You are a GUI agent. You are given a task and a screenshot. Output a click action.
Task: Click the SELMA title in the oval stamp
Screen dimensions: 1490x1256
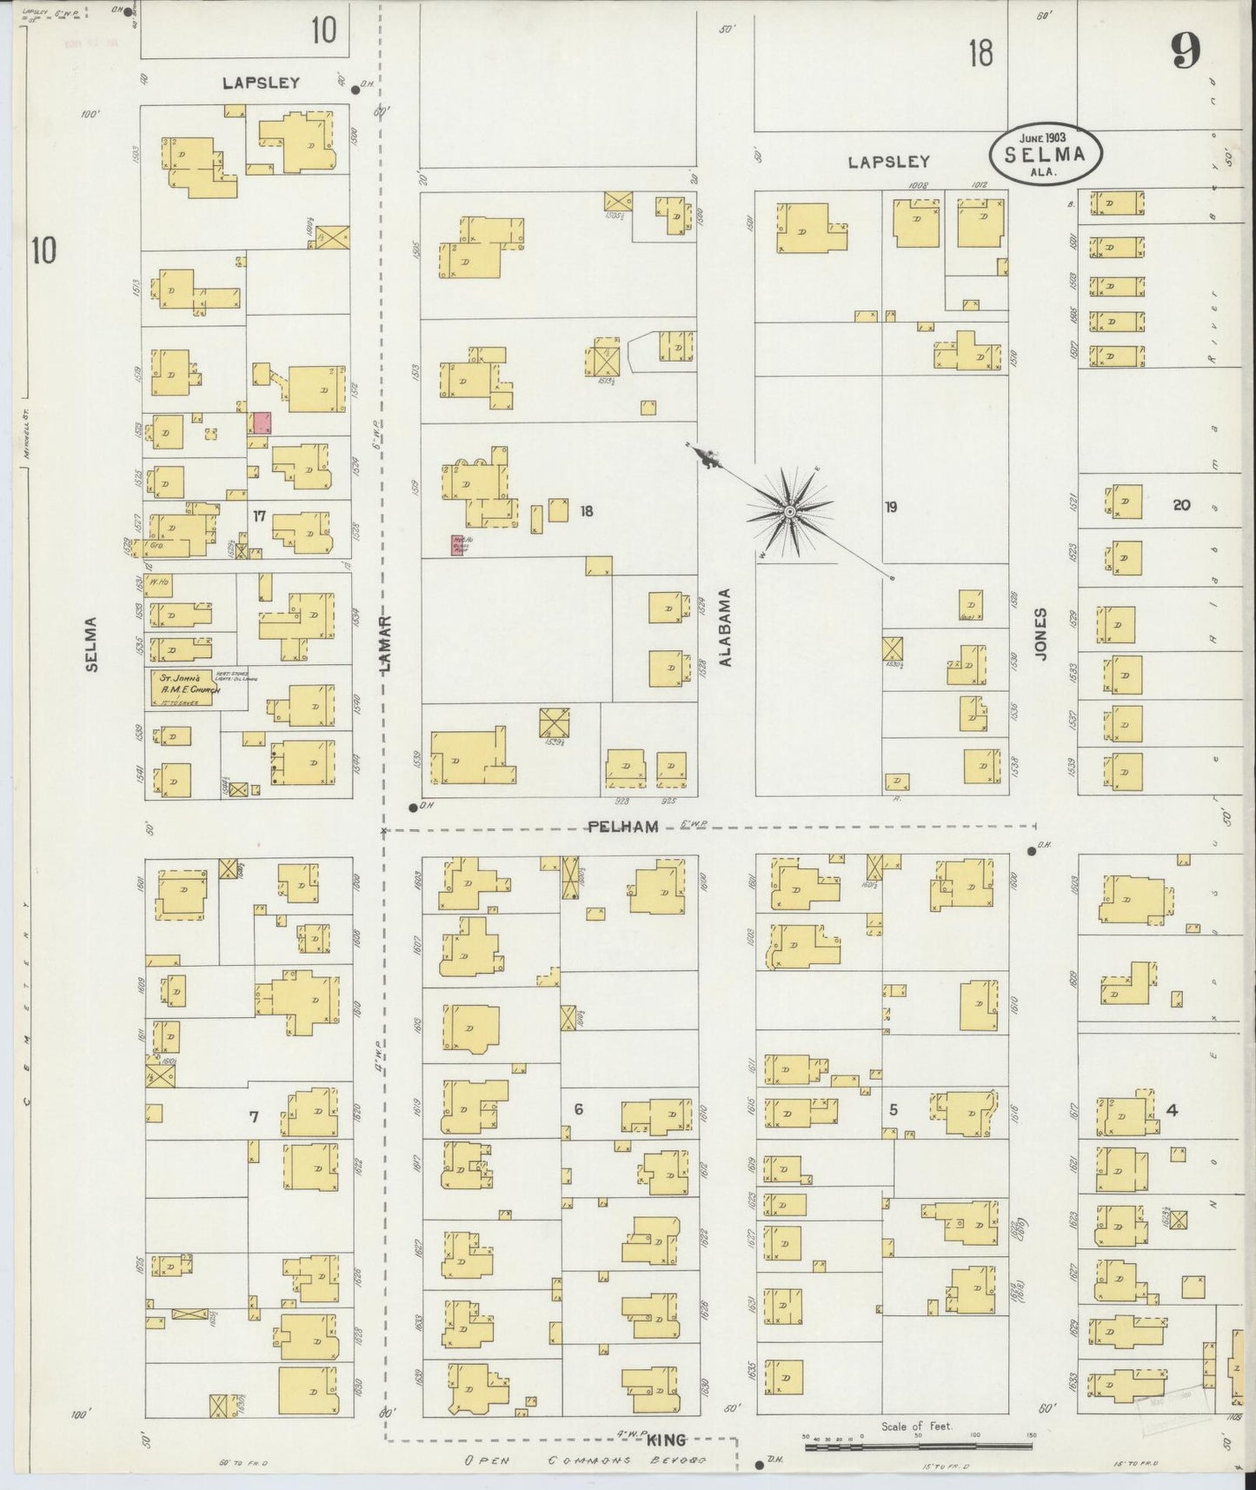point(1046,155)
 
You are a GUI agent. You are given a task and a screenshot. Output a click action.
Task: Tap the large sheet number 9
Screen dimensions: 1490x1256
point(1185,52)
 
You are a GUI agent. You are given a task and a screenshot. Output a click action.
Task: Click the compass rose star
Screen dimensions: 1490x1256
point(789,512)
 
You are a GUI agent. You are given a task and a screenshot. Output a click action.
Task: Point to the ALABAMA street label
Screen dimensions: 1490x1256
point(725,627)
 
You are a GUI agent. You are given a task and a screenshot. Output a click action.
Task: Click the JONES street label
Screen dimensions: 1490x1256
point(1042,632)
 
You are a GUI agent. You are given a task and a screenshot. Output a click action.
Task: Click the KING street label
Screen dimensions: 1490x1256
point(667,1440)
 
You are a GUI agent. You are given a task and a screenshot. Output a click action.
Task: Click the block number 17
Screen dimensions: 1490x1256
point(259,516)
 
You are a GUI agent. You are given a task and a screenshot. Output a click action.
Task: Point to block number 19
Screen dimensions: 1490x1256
point(891,507)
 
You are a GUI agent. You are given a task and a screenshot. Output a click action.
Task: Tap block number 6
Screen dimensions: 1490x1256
point(578,1108)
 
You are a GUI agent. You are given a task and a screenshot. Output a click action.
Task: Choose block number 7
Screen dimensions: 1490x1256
point(254,1117)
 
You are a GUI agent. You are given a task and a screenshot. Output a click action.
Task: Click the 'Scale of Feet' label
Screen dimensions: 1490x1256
point(916,1427)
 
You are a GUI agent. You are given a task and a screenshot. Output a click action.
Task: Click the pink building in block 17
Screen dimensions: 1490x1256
point(261,423)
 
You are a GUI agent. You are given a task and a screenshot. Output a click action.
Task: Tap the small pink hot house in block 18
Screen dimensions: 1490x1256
point(456,545)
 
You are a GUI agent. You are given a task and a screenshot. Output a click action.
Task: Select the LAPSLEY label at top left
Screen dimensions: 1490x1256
point(261,83)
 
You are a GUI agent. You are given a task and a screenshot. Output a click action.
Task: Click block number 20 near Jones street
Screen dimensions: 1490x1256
point(1181,504)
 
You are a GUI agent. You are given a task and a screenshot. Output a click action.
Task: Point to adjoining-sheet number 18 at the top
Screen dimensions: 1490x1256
point(980,54)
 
